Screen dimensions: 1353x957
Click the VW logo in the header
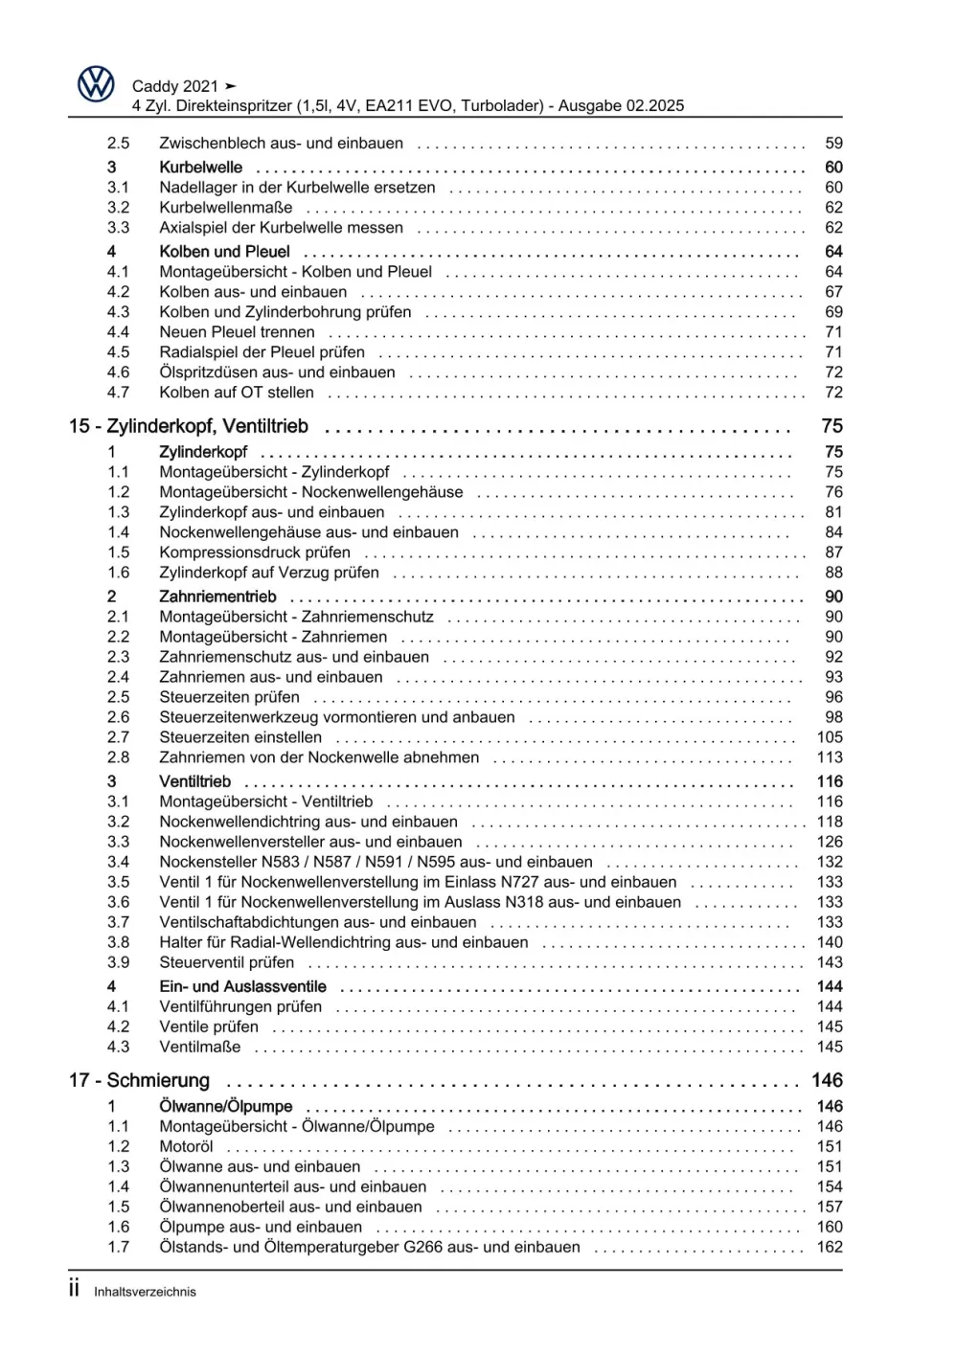96,85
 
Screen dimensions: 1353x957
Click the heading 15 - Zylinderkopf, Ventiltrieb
189,426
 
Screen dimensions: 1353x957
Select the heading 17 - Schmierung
139,1080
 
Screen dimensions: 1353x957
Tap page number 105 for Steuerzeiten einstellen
830,737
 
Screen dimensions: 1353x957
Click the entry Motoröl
186,1147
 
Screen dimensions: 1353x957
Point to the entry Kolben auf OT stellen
237,393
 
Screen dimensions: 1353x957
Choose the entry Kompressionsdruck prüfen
255,552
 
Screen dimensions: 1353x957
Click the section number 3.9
118,962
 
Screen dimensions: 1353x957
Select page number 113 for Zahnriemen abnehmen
830,757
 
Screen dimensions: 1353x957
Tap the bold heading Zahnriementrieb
217,597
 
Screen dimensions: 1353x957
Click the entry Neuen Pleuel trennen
237,332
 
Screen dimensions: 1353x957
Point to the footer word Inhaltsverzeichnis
145,1292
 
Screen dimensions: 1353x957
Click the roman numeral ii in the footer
74,1289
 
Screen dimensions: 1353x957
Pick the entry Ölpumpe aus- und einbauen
261,1228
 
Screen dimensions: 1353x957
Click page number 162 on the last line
830,1248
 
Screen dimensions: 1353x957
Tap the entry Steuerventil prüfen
227,962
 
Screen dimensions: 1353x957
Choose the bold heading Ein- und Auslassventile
242,986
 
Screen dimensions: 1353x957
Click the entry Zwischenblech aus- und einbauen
281,144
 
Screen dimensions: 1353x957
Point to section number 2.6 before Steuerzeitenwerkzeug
118,717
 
